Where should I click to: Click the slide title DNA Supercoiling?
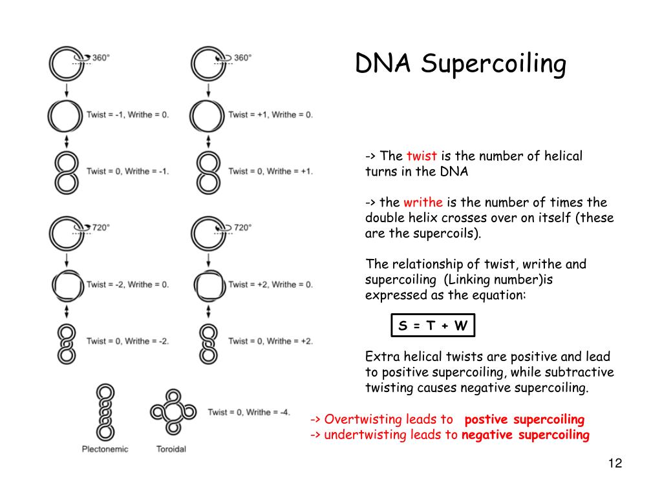coord(460,65)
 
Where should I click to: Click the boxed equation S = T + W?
coord(432,325)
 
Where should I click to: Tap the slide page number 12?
coord(615,464)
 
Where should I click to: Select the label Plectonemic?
coord(105,449)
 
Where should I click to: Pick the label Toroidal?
coord(171,449)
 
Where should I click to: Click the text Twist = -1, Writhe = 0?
coord(127,114)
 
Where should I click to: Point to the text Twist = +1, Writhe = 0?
coord(270,114)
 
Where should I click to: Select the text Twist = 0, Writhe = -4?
coord(249,412)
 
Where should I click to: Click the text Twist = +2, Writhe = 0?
coord(270,284)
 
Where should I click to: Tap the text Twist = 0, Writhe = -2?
coord(127,341)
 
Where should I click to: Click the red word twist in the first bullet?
coord(422,156)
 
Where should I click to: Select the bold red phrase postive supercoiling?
coord(524,419)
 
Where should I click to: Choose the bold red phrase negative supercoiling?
coord(525,435)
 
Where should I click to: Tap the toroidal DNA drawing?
coord(172,411)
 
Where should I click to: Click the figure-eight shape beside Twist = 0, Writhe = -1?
coord(65,171)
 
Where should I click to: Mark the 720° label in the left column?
coord(100,227)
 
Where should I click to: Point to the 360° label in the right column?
coord(242,57)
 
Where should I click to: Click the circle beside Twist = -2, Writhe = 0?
coord(66,284)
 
